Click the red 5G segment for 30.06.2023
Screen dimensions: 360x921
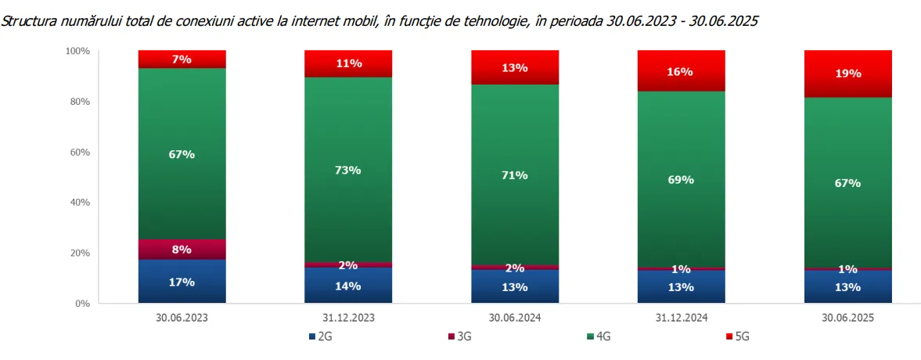182,59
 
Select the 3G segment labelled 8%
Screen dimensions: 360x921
182,250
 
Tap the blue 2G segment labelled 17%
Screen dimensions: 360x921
182,282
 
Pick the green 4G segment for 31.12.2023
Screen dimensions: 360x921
348,170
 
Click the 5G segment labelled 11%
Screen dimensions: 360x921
348,63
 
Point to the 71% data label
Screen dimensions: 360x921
515,175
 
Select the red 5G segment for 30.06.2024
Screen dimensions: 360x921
515,67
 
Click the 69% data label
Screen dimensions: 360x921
681,180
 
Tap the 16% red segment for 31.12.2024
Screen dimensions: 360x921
681,71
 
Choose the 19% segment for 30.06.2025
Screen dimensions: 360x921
848,74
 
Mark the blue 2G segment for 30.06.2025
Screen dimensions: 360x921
848,286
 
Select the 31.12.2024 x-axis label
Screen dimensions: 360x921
681,318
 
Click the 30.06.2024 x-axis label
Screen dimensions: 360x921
515,318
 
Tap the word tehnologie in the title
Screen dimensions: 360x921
499,22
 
